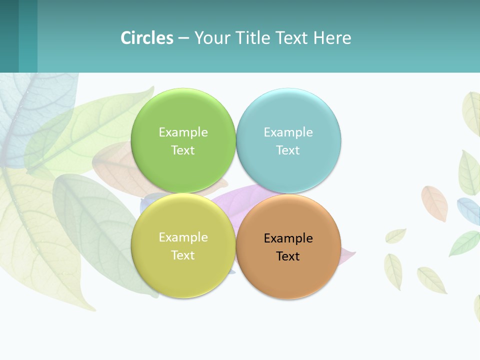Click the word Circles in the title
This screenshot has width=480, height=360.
pos(147,38)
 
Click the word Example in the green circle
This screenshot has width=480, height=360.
pos(183,132)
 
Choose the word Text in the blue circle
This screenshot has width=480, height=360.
pos(288,150)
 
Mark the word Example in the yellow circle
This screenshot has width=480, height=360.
pos(183,237)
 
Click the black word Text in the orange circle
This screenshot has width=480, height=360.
pos(288,256)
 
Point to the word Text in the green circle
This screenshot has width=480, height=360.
pos(183,150)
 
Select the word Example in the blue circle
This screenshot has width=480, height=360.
pos(288,132)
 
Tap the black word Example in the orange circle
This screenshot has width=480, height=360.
pos(288,238)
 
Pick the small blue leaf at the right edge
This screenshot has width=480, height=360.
pos(468,210)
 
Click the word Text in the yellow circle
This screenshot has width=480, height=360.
pos(183,255)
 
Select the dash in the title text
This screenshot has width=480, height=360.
pos(183,38)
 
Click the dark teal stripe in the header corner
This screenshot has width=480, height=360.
pos(9,36)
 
